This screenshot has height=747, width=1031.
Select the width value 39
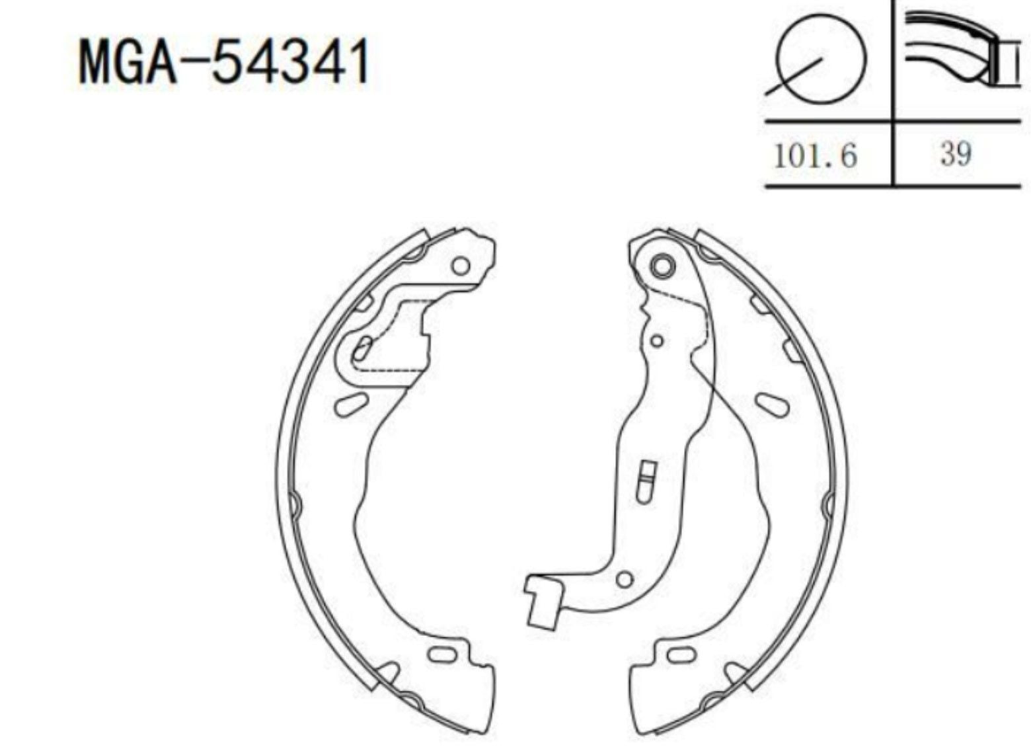pyautogui.click(x=956, y=154)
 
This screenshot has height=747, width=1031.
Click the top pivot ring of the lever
pyautogui.click(x=662, y=266)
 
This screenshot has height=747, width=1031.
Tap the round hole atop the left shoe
pyautogui.click(x=461, y=266)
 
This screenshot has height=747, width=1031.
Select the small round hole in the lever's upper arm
pyautogui.click(x=656, y=341)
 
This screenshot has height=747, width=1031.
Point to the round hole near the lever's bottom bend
pyautogui.click(x=623, y=580)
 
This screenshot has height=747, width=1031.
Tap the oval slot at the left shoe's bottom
pyautogui.click(x=441, y=654)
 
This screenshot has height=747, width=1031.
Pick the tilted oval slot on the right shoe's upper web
pyautogui.click(x=772, y=404)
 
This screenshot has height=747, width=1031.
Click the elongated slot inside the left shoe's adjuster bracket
pyautogui.click(x=362, y=348)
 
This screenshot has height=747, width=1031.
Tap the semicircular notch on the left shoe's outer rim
pyautogui.click(x=295, y=504)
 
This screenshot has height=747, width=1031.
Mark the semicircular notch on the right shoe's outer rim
pyautogui.click(x=827, y=504)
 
